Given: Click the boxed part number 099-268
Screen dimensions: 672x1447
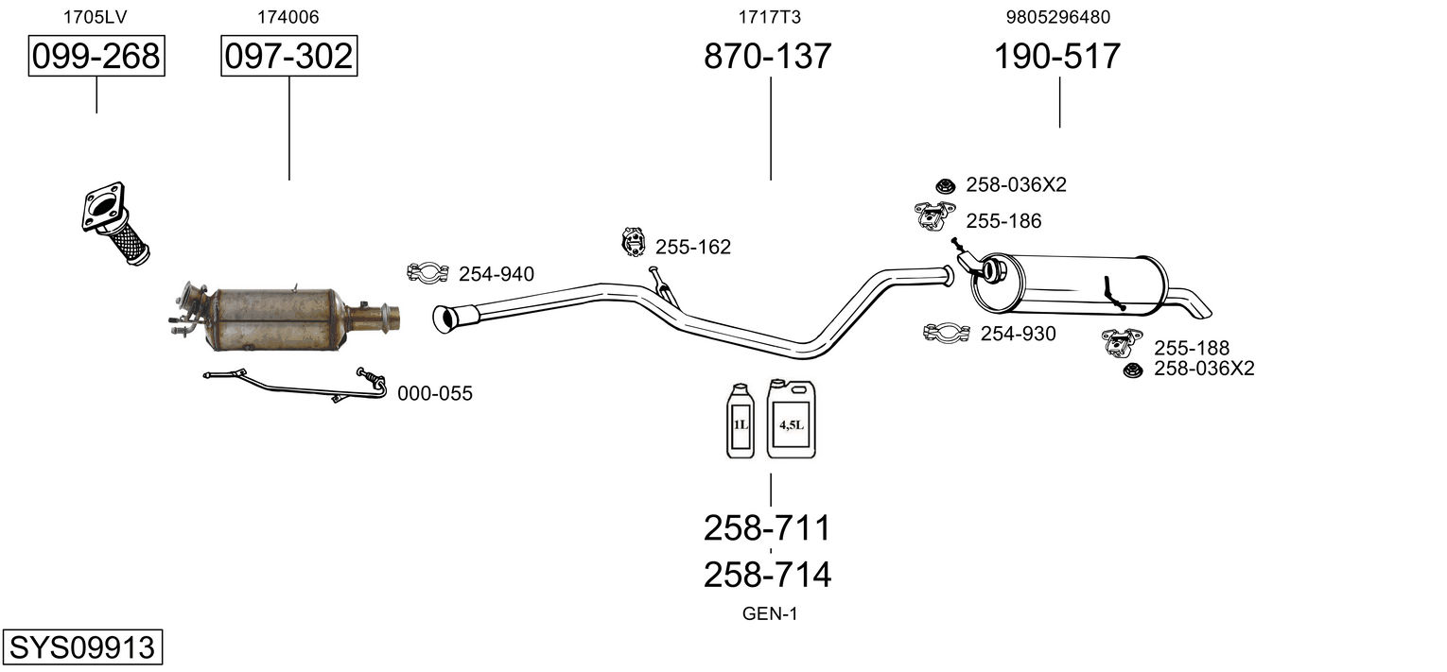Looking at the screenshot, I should [x=96, y=57].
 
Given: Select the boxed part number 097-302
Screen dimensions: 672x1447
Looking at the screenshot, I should [x=289, y=57].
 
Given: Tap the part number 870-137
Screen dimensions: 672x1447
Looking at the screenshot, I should [x=768, y=57].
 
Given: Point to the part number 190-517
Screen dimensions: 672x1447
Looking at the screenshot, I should [x=1056, y=57].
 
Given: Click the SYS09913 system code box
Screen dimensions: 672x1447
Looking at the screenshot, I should [x=81, y=647].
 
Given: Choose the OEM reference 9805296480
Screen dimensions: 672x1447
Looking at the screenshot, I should [x=1057, y=17].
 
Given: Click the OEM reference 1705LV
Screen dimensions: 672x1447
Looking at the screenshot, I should [x=96, y=17].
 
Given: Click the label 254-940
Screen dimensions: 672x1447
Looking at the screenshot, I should [x=496, y=275].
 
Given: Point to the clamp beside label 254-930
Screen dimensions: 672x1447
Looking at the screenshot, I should [x=947, y=333].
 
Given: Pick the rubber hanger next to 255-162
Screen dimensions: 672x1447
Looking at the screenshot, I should [x=631, y=243].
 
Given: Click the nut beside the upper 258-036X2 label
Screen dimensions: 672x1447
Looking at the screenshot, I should [x=944, y=185].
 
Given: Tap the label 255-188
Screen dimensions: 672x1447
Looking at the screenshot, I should [x=1191, y=348].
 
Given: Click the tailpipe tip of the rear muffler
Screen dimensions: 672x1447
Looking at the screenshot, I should [x=1197, y=307].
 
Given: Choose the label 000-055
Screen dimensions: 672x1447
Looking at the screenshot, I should [x=434, y=394].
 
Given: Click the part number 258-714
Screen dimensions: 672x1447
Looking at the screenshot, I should [x=767, y=575].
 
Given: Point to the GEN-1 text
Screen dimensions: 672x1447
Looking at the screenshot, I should [x=770, y=614].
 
